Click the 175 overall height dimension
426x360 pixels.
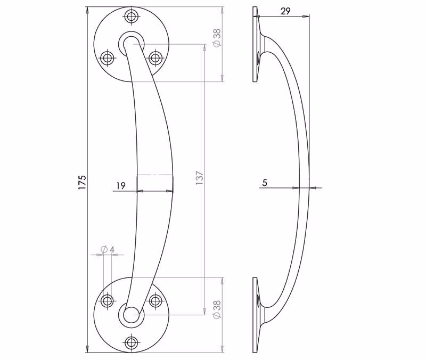coord(82,182)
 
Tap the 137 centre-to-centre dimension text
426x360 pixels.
coord(199,178)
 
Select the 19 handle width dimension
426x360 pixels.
coord(121,186)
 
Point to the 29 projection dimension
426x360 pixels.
coord(285,11)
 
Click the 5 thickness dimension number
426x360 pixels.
coord(265,183)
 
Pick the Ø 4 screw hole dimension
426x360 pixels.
coord(108,249)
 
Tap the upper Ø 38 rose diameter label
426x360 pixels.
coord(217,38)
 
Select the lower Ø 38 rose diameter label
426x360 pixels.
coord(217,309)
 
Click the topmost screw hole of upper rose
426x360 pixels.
coord(132,17)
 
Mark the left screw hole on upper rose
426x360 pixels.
coord(108,58)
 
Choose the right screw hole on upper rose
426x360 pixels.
coord(155,58)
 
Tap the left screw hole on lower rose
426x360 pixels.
coord(108,301)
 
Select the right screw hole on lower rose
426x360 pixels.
coord(155,301)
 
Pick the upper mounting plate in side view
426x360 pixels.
coord(255,44)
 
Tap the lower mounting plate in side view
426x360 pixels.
coord(255,315)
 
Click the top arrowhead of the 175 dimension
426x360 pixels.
coord(87,10)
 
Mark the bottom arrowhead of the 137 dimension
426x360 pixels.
coord(204,312)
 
